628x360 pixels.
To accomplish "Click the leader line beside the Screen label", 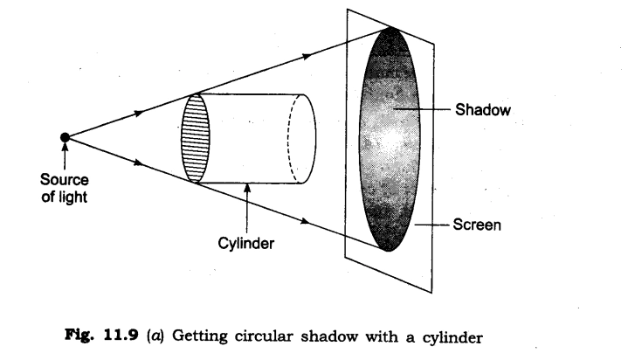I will point(432,225).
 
